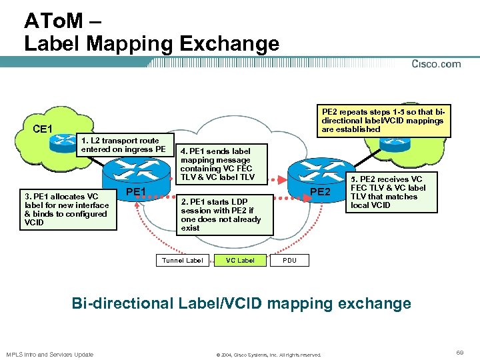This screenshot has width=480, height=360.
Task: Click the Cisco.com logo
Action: click(x=436, y=64)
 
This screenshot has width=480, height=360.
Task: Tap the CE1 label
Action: click(x=43, y=128)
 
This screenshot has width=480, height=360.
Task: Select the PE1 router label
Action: click(x=137, y=192)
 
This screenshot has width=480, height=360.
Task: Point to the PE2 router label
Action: click(x=321, y=192)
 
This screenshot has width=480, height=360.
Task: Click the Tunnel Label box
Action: click(x=182, y=260)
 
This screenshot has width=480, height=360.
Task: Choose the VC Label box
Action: click(x=240, y=260)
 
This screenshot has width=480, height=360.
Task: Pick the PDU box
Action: click(x=289, y=260)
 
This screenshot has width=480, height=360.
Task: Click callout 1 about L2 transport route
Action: click(x=123, y=145)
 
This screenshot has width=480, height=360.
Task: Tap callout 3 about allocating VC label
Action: click(x=67, y=209)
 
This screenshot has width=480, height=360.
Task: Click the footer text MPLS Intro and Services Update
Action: click(x=50, y=354)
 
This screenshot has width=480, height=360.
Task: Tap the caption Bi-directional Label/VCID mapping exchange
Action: click(x=241, y=304)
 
